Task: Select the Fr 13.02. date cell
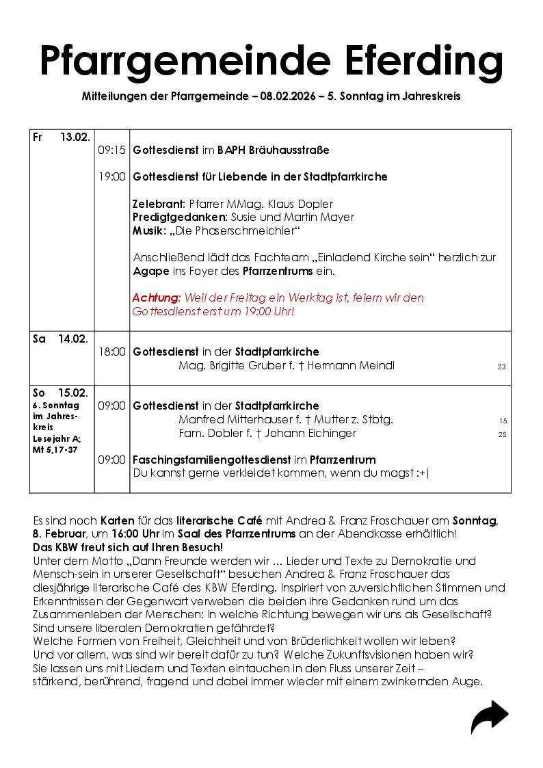pyautogui.click(x=62, y=137)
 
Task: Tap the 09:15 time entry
pyautogui.click(x=111, y=150)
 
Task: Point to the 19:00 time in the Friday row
pyautogui.click(x=111, y=177)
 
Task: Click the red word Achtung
pyautogui.click(x=156, y=298)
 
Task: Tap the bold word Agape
pyautogui.click(x=147, y=272)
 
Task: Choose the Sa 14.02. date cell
pyautogui.click(x=60, y=339)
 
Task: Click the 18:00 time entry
pyautogui.click(x=111, y=352)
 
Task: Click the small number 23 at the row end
pyautogui.click(x=501, y=367)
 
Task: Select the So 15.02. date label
pyautogui.click(x=60, y=393)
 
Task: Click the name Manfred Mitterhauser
pyautogui.click(x=229, y=420)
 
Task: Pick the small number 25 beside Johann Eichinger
pyautogui.click(x=502, y=434)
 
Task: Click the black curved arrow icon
pyautogui.click(x=489, y=717)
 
